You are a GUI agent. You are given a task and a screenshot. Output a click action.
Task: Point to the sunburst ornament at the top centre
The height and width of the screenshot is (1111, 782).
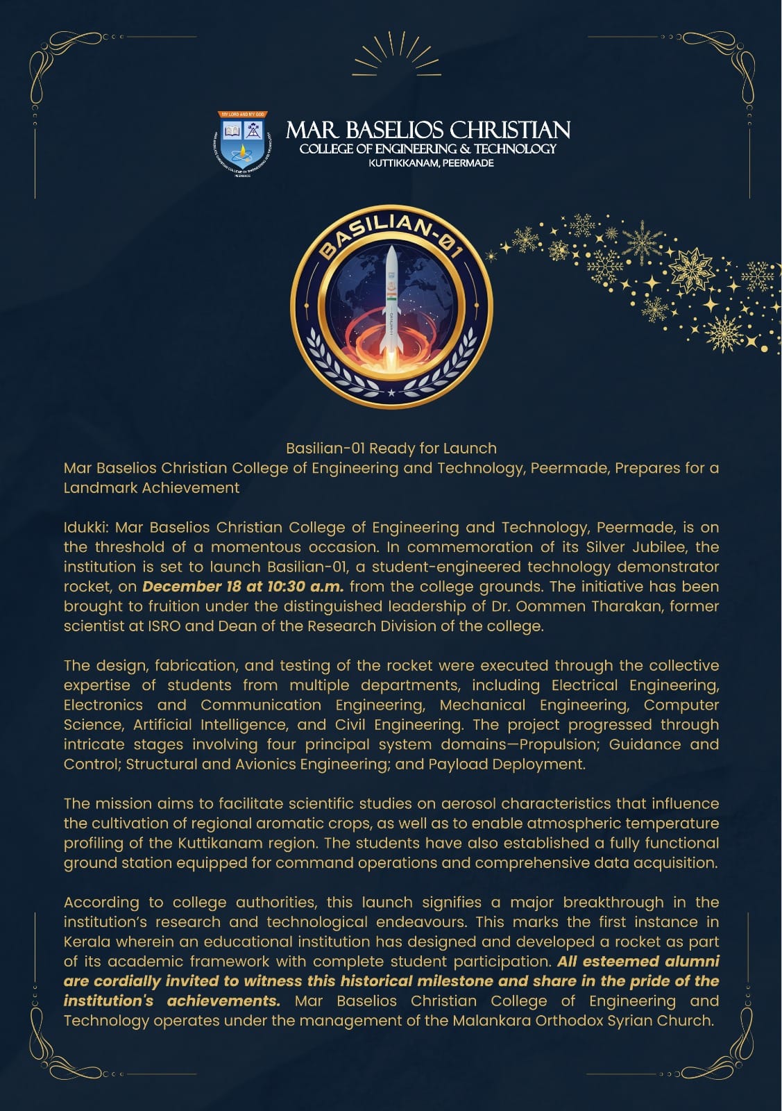pos(397,56)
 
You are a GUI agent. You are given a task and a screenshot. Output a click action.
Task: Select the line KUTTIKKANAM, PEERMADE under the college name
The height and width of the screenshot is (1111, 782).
pos(431,163)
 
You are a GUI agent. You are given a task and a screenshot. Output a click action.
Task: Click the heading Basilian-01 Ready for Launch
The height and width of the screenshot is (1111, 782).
pos(391,449)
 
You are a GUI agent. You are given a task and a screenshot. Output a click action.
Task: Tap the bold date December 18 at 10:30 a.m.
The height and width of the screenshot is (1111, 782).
pos(243,587)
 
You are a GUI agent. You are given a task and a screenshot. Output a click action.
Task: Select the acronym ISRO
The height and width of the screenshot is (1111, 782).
pos(164,626)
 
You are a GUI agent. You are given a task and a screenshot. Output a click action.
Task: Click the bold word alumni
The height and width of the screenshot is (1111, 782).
pos(692,962)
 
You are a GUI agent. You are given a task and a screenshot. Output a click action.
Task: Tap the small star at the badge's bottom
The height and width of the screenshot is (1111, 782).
pos(391,393)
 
